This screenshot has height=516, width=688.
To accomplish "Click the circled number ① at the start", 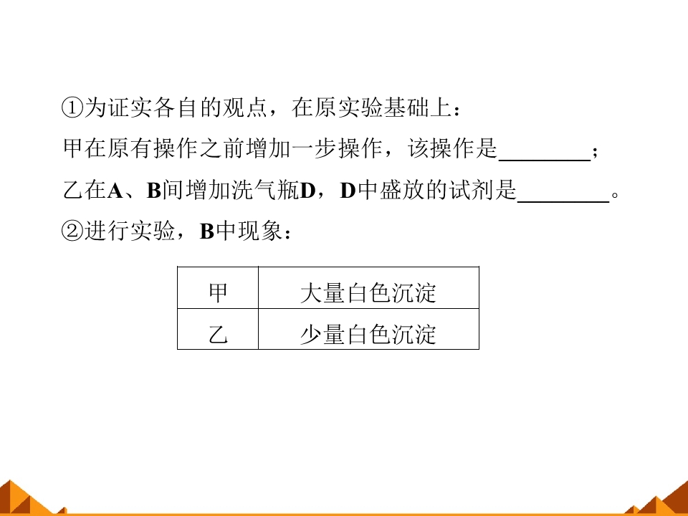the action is click(72, 107).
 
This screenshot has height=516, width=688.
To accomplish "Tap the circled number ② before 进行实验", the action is click(72, 231).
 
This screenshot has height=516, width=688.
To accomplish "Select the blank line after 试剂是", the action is click(563, 201).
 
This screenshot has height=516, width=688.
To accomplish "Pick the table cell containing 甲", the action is click(218, 287).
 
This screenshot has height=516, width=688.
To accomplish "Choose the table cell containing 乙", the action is click(218, 329).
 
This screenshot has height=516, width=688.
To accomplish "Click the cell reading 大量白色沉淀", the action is click(368, 287).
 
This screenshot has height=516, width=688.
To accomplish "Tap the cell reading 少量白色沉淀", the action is click(368, 329).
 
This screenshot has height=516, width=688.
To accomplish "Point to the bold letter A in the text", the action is click(115, 191).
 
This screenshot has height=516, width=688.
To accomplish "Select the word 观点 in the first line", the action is click(245, 107).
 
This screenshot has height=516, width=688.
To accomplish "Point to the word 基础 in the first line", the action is click(406, 107).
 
